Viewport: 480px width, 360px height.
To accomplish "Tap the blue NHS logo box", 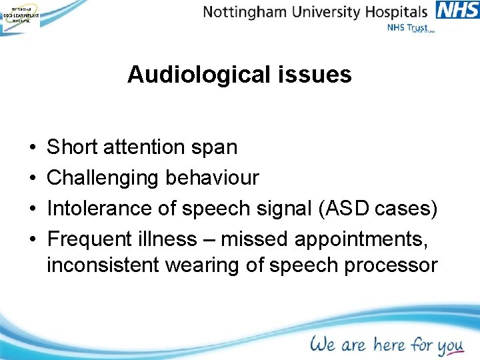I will [457, 11].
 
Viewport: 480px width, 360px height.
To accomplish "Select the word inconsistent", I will [103, 265].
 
